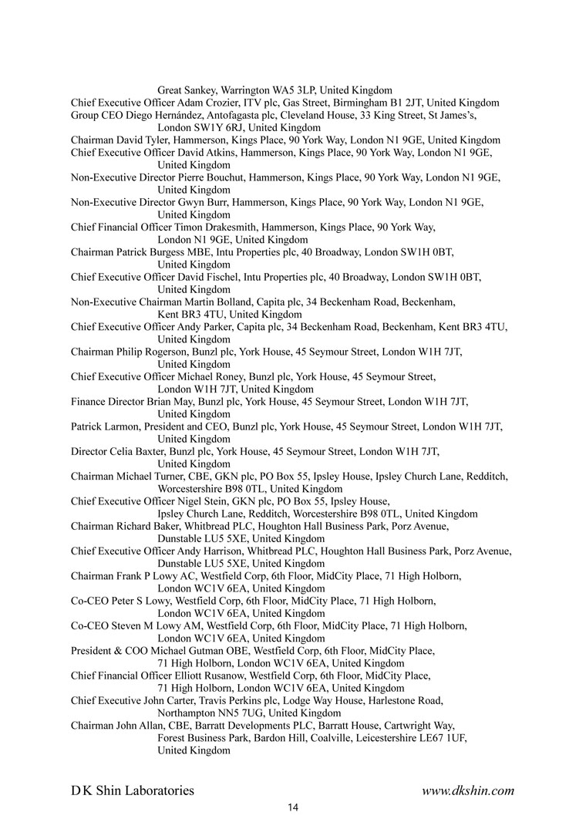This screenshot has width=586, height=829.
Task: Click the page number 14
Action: [292, 807]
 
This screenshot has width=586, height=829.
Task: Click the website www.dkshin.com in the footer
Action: [467, 790]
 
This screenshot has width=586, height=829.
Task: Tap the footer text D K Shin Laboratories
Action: [133, 790]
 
